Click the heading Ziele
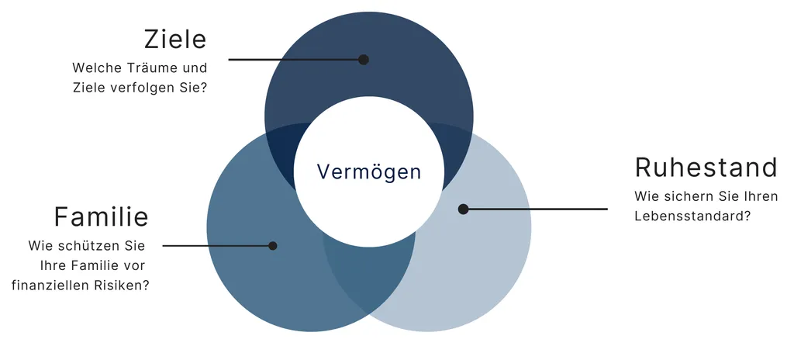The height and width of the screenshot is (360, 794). [175, 40]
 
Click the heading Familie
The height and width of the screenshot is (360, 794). [101, 217]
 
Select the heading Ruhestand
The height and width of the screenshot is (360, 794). [706, 168]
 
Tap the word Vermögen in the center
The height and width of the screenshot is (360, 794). [369, 172]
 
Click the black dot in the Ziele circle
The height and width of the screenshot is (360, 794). [363, 59]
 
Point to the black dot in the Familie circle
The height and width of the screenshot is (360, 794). [272, 246]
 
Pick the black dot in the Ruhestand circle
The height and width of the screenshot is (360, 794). [463, 209]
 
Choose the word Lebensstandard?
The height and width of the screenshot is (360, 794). [692, 216]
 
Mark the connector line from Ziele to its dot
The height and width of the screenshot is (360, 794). [295, 59]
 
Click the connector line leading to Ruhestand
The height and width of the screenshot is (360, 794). [535, 209]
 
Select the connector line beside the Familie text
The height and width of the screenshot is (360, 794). [218, 246]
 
